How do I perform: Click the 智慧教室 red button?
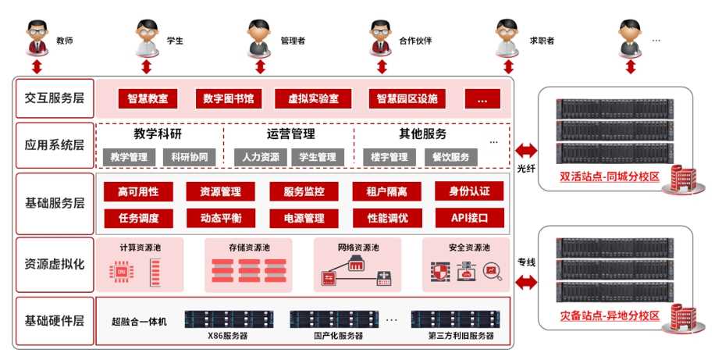[x=148, y=99]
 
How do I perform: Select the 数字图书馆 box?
[x=229, y=99]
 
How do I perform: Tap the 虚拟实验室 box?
[x=313, y=99]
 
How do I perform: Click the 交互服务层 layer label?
[x=54, y=98]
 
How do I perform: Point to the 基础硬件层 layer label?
[x=54, y=321]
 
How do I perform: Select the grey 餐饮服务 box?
[x=450, y=157]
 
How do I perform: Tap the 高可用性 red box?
[x=138, y=191]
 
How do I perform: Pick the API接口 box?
[x=468, y=218]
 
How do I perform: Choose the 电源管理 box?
[x=304, y=218]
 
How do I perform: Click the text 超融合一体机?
[x=139, y=321]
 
